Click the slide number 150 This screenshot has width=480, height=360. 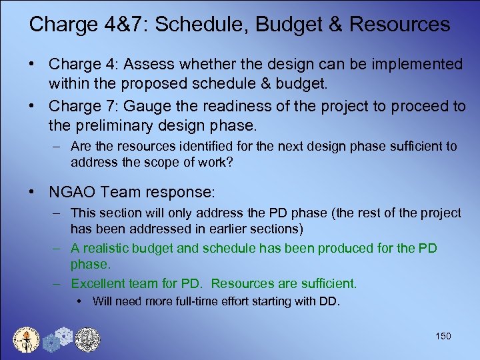pos(443,336)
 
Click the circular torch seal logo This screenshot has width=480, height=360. pos(27,339)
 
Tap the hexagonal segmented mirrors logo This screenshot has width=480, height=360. pos(57,339)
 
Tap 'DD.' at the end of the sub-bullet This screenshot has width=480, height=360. pos(330,301)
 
